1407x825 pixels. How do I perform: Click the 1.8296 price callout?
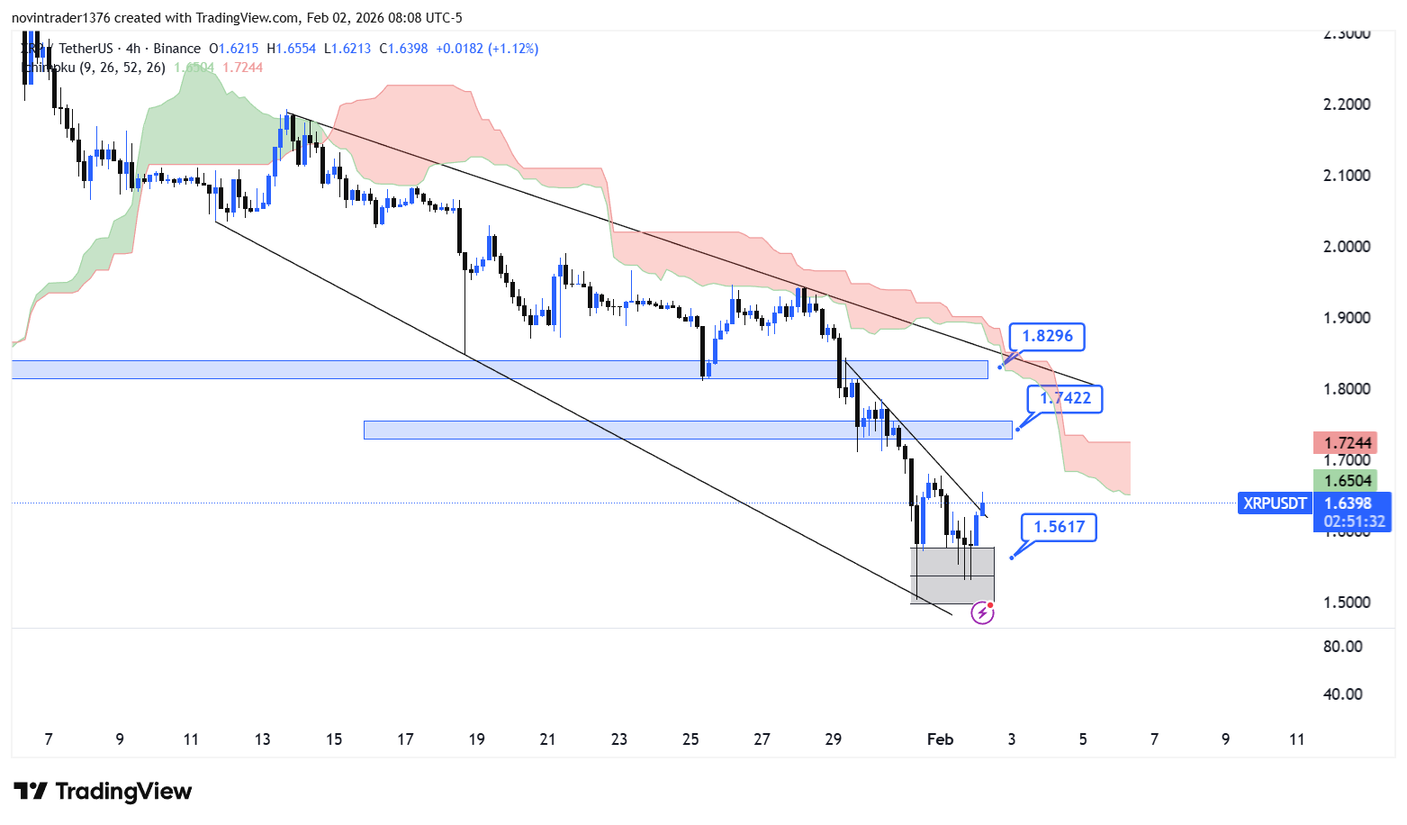1047,337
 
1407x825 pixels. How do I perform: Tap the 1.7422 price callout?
1065,398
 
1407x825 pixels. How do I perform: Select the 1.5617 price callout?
1059,527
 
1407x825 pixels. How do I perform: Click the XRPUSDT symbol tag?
1274,503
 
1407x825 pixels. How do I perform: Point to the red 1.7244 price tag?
1348,442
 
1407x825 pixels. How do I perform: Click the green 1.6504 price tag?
1348,481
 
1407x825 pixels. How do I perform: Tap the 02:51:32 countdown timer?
1353,521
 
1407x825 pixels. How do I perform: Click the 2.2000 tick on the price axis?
1347,104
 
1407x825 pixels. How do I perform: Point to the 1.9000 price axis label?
1347,318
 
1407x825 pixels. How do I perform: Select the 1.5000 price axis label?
1347,603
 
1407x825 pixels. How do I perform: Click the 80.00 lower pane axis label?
1342,647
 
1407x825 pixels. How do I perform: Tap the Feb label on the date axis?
940,739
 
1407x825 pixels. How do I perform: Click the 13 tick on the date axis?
262,739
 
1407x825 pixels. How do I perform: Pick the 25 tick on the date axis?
690,739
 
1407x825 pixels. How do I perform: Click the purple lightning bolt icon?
982,613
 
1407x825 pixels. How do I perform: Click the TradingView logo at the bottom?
104,792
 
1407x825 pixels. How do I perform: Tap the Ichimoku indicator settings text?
94,68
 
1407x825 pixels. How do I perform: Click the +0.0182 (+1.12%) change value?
487,49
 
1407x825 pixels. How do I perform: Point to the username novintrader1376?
61,18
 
